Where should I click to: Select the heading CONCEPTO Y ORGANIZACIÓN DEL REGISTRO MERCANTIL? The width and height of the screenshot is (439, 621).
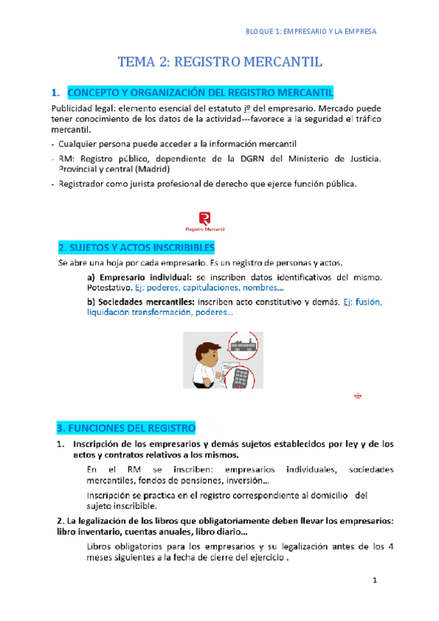point(201,93)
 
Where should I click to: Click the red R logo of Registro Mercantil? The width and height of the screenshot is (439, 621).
point(205,217)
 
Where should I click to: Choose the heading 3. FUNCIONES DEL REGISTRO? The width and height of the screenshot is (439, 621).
point(126,427)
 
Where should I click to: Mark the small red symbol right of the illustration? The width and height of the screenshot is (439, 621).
point(358,395)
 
